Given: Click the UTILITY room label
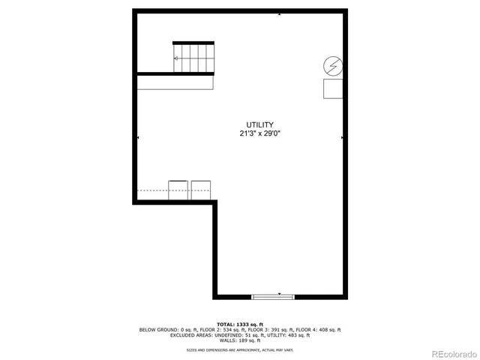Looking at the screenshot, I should (259, 124).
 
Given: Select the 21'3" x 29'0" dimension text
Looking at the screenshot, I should (259, 133).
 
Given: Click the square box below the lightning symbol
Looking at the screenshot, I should (333, 89).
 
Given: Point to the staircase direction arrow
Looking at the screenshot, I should (177, 58).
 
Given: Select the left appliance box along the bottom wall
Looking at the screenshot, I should (178, 190).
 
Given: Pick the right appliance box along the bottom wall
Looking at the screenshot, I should (201, 190).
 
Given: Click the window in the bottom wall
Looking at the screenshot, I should (273, 296).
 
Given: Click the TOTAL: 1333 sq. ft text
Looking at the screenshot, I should (240, 324).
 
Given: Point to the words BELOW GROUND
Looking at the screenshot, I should (156, 329).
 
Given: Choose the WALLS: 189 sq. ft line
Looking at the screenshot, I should (240, 340).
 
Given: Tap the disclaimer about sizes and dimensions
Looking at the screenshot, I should (240, 349).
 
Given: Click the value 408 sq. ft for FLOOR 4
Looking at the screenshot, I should (328, 329).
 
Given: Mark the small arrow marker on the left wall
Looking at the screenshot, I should (138, 138).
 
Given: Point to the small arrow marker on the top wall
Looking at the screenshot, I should (279, 13).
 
